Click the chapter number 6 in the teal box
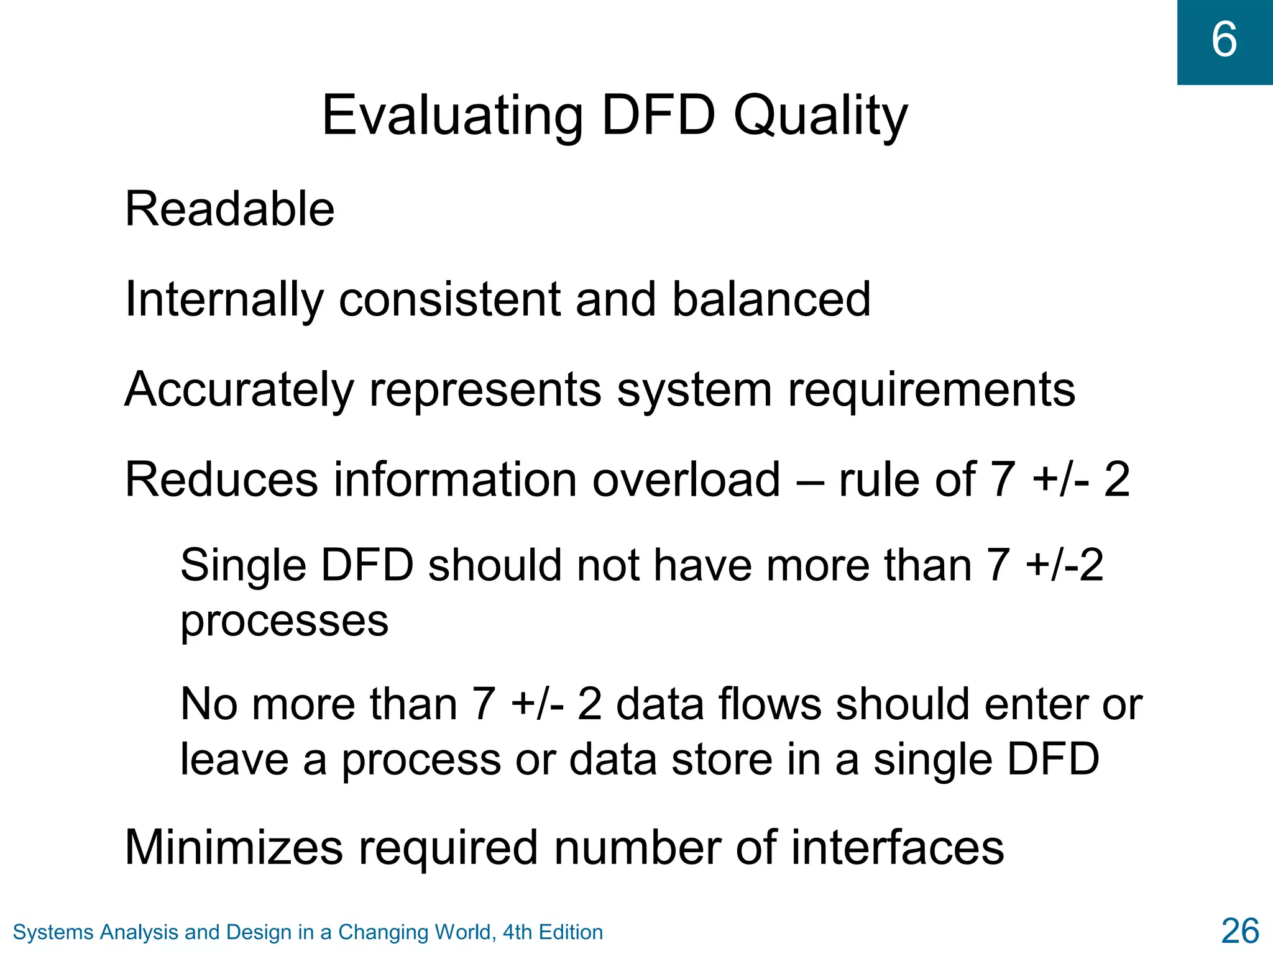click(x=1224, y=40)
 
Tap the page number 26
click(x=1240, y=931)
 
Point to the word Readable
click(x=230, y=209)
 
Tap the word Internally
click(x=224, y=299)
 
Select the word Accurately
click(x=239, y=390)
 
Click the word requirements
click(x=932, y=390)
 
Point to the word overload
click(x=686, y=479)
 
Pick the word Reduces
click(x=222, y=479)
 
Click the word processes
click(x=284, y=620)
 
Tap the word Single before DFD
click(x=243, y=565)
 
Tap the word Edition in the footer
click(x=571, y=932)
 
